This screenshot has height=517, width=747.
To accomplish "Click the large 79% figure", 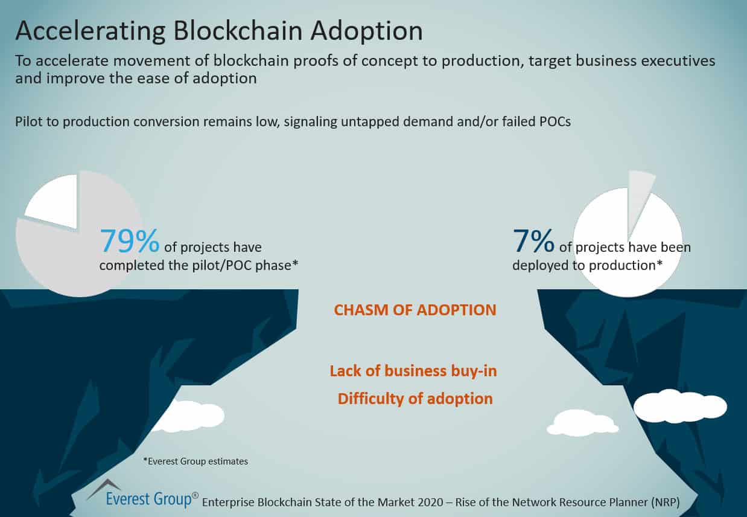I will [129, 240].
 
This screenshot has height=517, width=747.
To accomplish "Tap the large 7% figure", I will [533, 240].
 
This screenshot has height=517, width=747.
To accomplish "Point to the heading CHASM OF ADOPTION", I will [415, 310].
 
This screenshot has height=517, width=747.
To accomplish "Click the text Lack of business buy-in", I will [413, 371].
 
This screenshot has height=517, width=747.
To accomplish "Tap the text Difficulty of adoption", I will [415, 399].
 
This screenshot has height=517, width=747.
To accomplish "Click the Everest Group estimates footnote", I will [195, 461].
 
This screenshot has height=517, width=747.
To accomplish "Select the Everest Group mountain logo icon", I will [104, 488].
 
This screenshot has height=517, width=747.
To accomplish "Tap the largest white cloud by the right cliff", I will [679, 406].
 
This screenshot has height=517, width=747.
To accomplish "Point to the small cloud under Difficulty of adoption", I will [582, 422].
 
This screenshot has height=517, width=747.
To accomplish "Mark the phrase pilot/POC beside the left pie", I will [222, 265].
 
